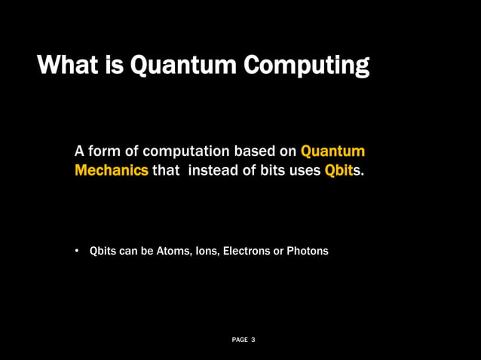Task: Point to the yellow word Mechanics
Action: (112, 170)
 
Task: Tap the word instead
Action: (212, 170)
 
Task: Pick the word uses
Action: (304, 170)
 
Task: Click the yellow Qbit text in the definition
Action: (339, 170)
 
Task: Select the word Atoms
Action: (173, 251)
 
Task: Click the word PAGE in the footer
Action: (240, 340)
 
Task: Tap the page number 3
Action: (253, 340)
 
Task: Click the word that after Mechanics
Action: (166, 170)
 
